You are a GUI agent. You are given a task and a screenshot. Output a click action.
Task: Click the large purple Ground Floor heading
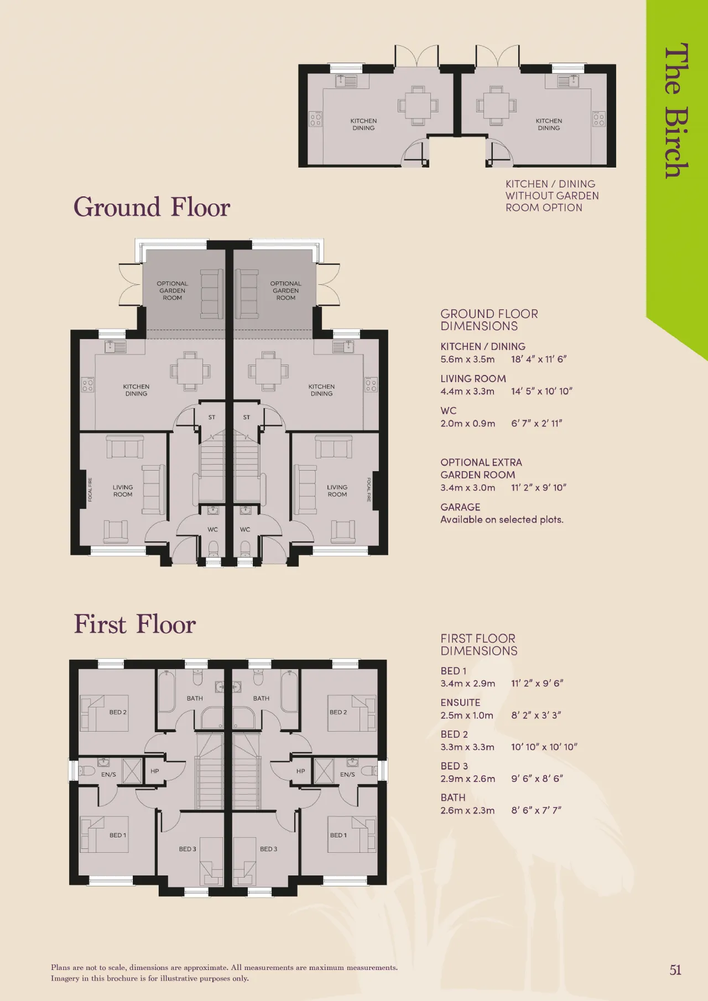[x=152, y=208]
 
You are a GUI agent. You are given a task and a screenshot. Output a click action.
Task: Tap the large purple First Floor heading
[x=135, y=624]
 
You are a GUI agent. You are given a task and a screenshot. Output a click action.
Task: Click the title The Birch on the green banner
[x=676, y=111]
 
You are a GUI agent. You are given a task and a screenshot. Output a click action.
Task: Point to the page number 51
[x=675, y=970]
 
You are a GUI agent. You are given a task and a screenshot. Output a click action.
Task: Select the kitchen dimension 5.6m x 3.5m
[x=467, y=359]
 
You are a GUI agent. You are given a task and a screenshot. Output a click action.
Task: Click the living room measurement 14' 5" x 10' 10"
[x=542, y=391]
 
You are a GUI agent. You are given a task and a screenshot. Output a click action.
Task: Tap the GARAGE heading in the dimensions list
[x=460, y=507]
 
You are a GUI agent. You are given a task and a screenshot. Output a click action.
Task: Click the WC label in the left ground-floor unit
[x=212, y=529]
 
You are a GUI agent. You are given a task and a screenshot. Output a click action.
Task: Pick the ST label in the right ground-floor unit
[x=246, y=418]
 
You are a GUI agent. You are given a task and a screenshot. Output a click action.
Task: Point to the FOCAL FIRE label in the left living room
[x=90, y=490]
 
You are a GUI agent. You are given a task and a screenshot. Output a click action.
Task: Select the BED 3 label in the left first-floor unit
[x=188, y=849]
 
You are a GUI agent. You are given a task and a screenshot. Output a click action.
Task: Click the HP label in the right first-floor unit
[x=300, y=771]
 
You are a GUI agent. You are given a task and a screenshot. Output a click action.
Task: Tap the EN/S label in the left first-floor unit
[x=108, y=774]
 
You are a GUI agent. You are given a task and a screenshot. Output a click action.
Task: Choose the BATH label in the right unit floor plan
[x=261, y=698]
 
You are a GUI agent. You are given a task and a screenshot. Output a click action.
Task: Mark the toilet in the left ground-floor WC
[x=213, y=549]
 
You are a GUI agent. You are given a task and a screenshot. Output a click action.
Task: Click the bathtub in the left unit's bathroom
[x=167, y=691]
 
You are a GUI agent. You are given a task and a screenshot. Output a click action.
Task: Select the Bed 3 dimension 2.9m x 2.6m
[x=467, y=779]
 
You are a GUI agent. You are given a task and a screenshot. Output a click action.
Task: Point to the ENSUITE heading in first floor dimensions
[x=460, y=702]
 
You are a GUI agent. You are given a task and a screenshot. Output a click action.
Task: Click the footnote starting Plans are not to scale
[x=224, y=973]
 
